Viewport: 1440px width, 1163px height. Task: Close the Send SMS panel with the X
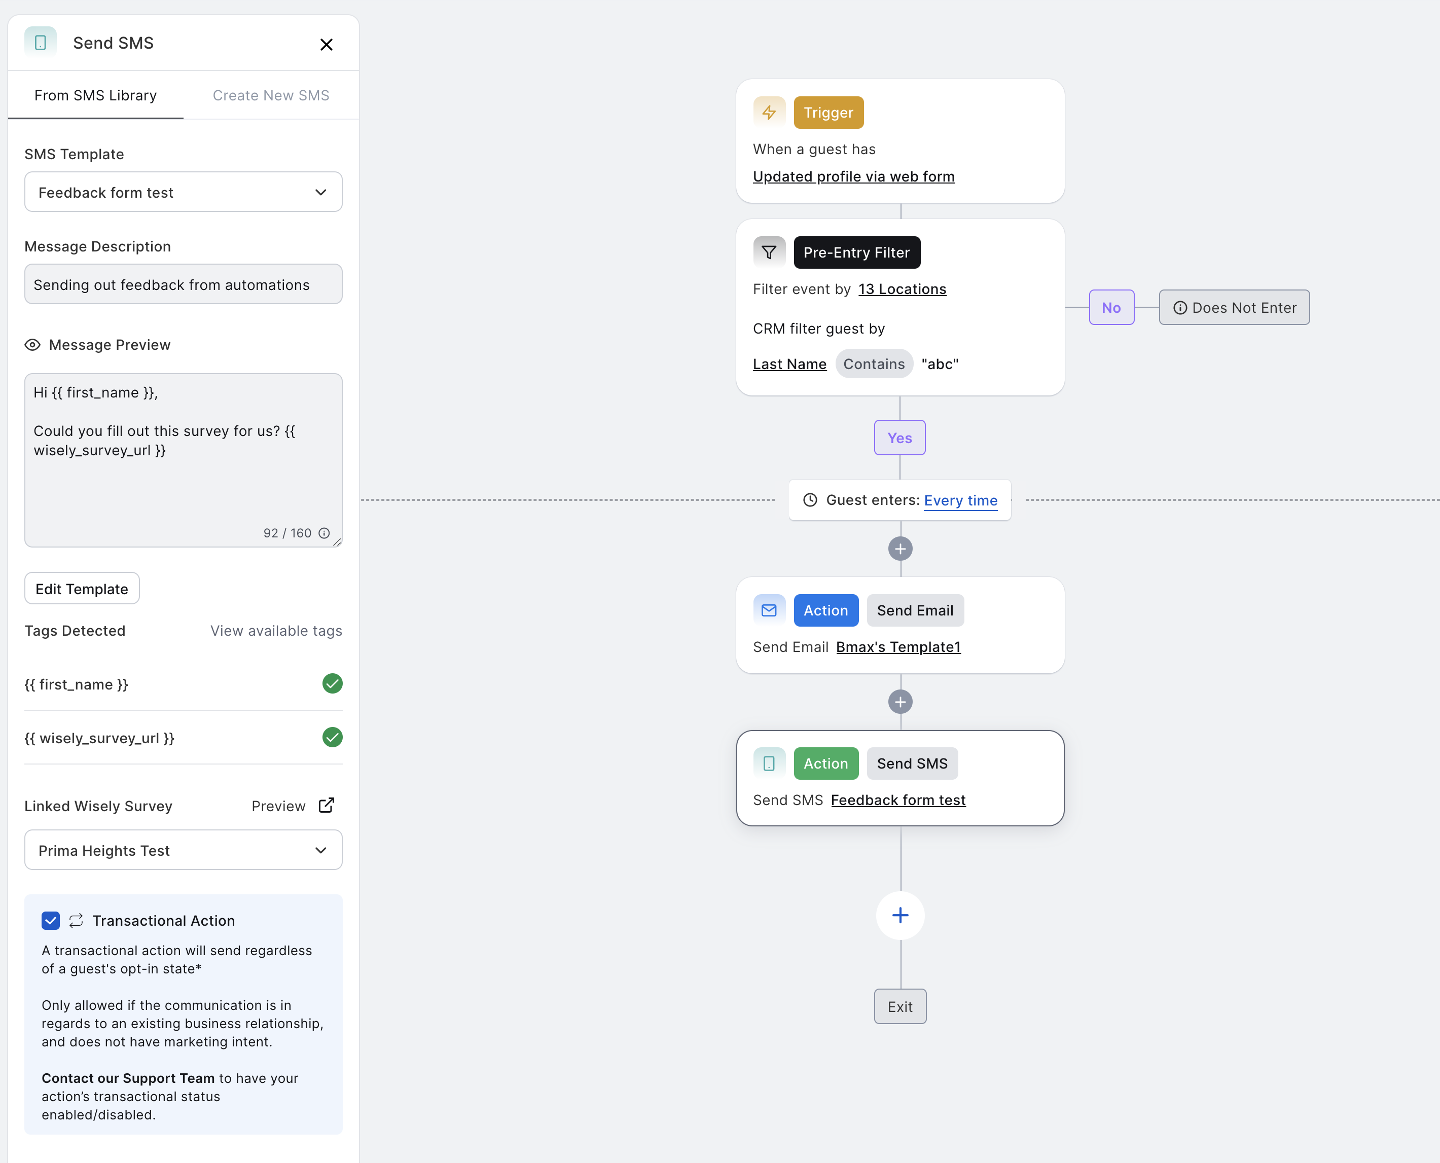327,44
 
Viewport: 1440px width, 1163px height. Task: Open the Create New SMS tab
271,95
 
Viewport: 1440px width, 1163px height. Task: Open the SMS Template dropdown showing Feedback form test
183,192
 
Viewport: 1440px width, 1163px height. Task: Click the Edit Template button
82,589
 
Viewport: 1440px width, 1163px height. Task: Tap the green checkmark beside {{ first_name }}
332,683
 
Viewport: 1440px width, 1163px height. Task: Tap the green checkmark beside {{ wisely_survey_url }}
332,737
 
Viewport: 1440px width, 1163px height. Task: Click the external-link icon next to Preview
327,805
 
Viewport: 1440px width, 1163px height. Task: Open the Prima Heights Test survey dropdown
183,850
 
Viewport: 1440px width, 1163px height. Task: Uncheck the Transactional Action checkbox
51,921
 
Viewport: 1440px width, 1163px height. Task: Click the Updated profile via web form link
854,176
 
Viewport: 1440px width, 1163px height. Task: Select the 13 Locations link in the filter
902,289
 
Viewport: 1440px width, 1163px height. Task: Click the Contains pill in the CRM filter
874,364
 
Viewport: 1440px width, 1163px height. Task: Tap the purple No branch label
1111,308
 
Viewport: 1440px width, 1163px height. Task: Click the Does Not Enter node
1234,308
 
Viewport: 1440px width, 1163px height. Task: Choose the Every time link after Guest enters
960,500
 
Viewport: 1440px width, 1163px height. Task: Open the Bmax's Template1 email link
898,646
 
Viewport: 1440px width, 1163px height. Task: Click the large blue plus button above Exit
901,915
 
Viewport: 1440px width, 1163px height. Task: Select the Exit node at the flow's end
900,1006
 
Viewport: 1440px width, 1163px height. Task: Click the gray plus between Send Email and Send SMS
900,702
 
